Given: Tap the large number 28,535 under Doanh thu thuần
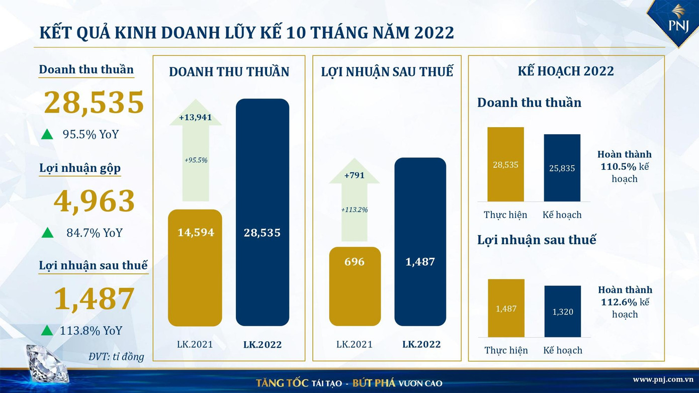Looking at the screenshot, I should click(x=94, y=103).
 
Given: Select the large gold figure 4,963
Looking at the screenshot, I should click(x=94, y=201).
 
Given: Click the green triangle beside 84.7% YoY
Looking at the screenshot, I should click(x=47, y=232).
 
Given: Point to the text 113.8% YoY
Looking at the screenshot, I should click(x=91, y=331).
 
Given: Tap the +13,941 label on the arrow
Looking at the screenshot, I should click(x=195, y=118).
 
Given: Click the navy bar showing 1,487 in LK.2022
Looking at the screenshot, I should click(x=420, y=242).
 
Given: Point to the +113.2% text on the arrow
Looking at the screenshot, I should click(x=355, y=210).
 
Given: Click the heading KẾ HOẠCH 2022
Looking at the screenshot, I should click(x=566, y=71).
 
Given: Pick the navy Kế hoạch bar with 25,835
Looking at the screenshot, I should click(x=562, y=168).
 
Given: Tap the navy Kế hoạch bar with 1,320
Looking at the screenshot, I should click(x=562, y=312).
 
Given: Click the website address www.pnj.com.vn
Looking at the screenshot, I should click(x=663, y=379).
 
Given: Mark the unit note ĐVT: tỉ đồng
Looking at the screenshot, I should click(x=116, y=357).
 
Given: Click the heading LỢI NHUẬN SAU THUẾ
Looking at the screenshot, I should click(x=387, y=72).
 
